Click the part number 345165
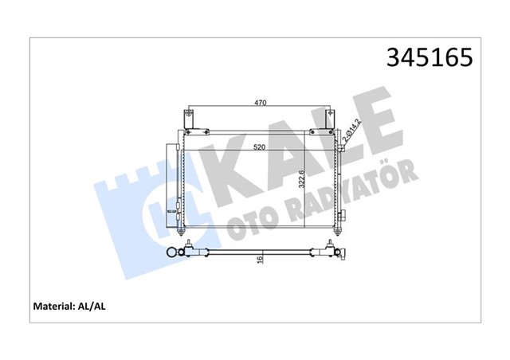coord(429,59)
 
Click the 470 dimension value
coord(260,103)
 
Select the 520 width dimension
coord(260,147)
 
